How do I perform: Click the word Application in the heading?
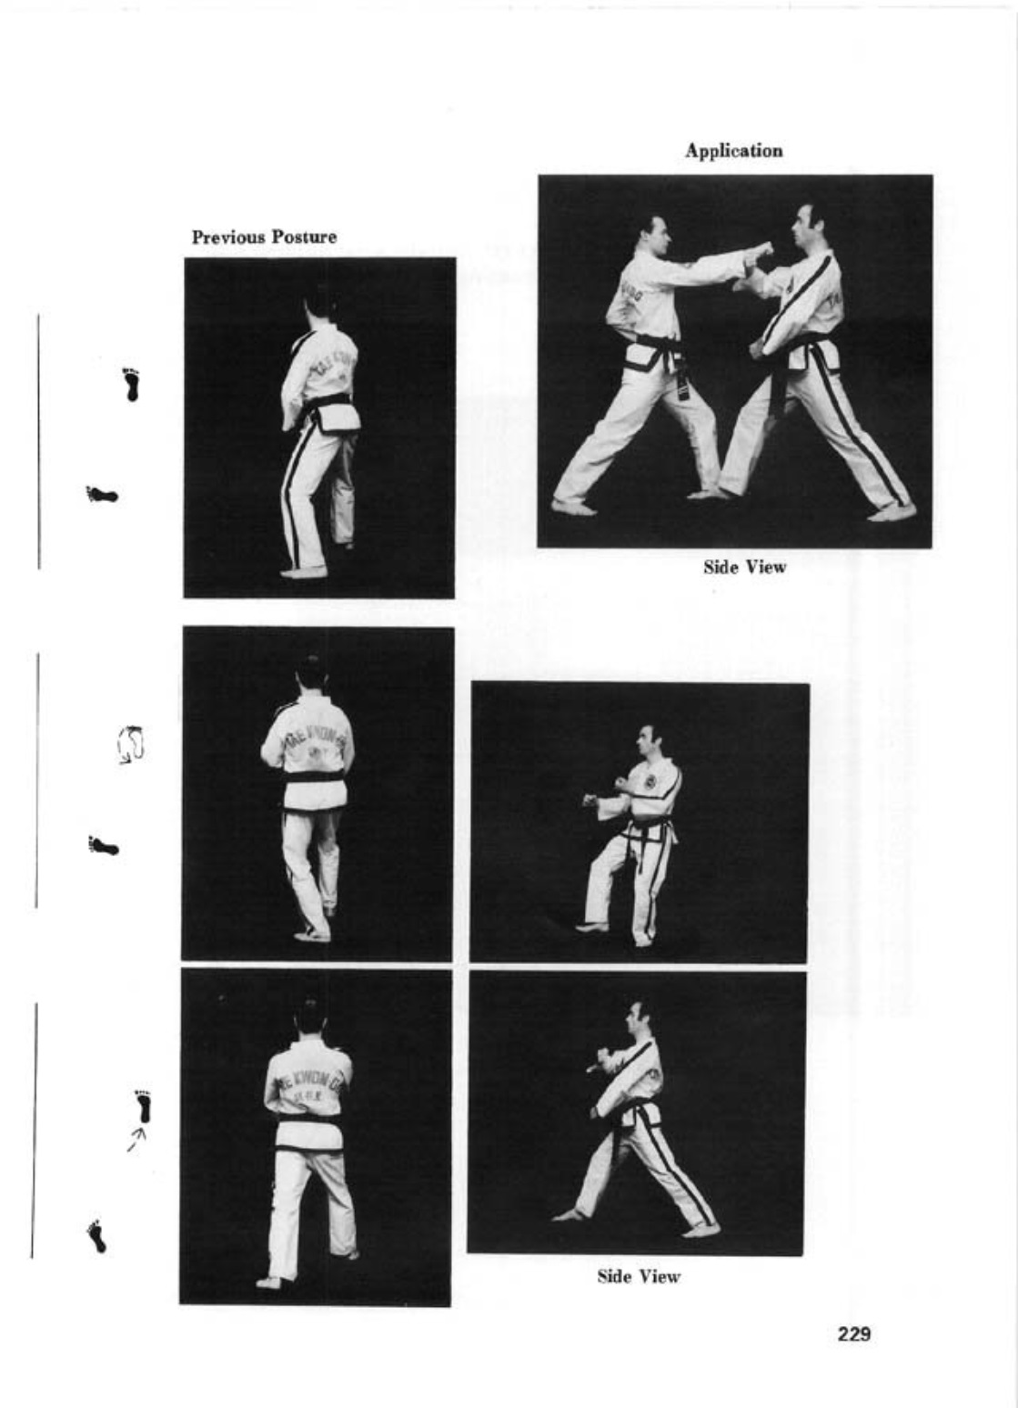pos(733,151)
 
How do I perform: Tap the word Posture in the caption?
pos(304,237)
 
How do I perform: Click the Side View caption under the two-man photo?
pos(743,568)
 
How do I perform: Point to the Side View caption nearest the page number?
pos(638,1277)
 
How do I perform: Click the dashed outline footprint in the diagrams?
pos(134,743)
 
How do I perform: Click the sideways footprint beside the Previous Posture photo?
pos(102,496)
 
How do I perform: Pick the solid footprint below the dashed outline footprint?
pos(104,847)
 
